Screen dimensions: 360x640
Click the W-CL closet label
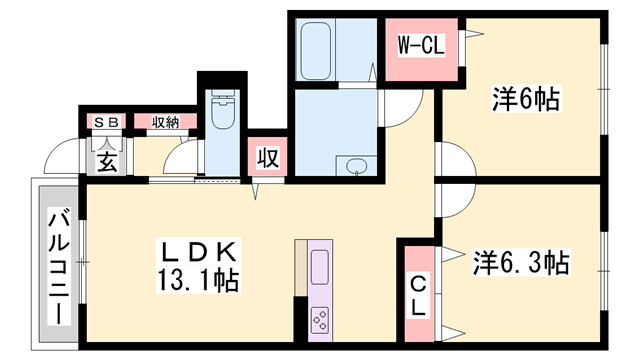[x=421, y=45]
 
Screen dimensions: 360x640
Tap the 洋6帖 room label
[x=525, y=99]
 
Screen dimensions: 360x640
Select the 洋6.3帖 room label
[x=520, y=264]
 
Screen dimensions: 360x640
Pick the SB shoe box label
[x=106, y=122]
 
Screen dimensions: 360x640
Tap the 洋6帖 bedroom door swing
[x=447, y=160]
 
